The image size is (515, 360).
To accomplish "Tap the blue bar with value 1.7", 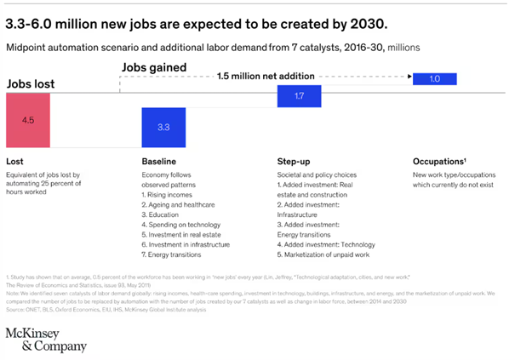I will pyautogui.click(x=299, y=97).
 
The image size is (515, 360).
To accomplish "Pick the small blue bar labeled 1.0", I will pyautogui.click(x=435, y=79).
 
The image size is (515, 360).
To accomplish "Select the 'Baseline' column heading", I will pyautogui.click(x=159, y=161).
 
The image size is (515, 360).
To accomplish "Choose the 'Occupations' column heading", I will pyautogui.click(x=438, y=161).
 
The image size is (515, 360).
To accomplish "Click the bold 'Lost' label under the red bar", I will pyautogui.click(x=14, y=161).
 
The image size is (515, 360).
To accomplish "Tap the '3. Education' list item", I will pyautogui.click(x=162, y=216).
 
